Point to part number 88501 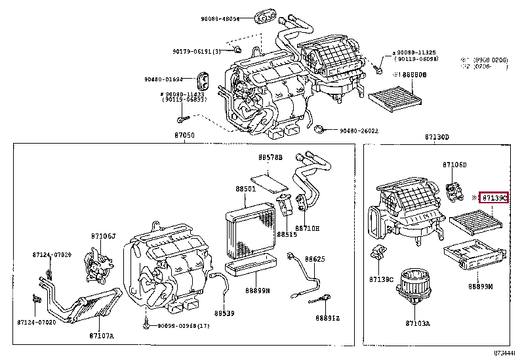click(246, 189)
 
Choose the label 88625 click(315, 259)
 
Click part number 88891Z click(327, 318)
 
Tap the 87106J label click(104, 235)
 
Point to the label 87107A click(102, 336)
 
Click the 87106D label click(454, 165)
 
